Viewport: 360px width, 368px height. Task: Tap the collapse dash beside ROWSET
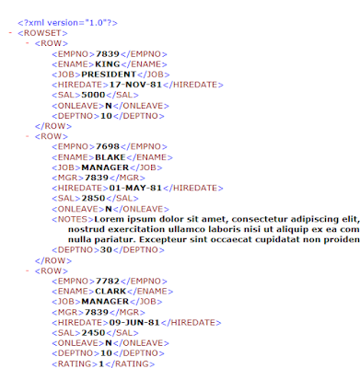9,32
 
